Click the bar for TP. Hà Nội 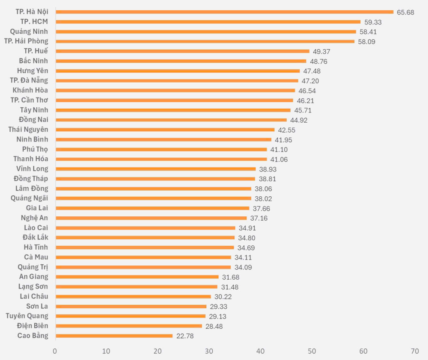(x=224, y=12)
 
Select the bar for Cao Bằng (x=114, y=336)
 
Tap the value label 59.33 (x=373, y=22)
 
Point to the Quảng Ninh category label (x=29, y=32)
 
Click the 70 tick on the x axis (x=414, y=351)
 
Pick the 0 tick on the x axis (x=55, y=351)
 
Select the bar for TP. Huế (x=182, y=51)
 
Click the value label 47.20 (x=310, y=81)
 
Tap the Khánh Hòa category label (x=30, y=90)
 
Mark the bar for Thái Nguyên (x=165, y=130)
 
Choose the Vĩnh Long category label (x=32, y=169)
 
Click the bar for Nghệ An (x=151, y=218)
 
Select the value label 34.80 (x=247, y=238)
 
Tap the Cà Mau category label (x=36, y=257)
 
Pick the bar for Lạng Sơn (x=137, y=287)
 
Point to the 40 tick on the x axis (x=260, y=351)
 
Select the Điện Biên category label (x=32, y=326)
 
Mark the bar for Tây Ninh (x=173, y=110)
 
